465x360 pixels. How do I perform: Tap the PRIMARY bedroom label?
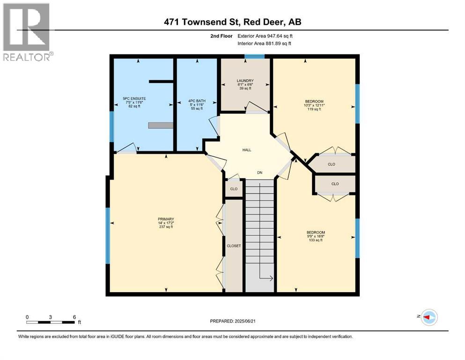[166, 219]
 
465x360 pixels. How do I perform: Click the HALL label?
[247, 150]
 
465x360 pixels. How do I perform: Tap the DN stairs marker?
[259, 172]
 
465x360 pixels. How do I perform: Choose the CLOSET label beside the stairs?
[234, 245]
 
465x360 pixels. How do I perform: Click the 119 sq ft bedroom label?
[314, 101]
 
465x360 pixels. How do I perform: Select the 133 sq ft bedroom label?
[316, 232]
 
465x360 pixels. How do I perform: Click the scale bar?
[51, 322]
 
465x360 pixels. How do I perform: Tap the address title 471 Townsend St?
[232, 22]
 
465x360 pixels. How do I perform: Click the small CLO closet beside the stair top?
[234, 189]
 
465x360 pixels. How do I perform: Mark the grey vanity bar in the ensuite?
[161, 125]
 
